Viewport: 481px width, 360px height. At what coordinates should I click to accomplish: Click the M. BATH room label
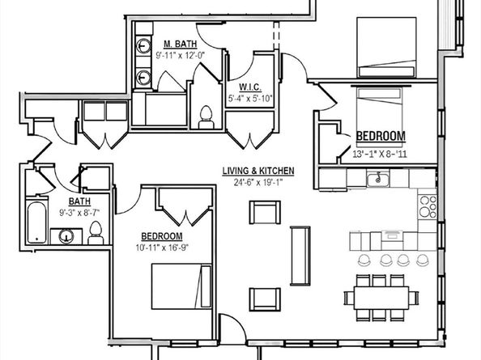click(x=180, y=44)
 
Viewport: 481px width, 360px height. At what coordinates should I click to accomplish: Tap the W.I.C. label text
click(x=250, y=87)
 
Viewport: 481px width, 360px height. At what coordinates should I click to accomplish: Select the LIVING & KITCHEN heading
click(x=258, y=171)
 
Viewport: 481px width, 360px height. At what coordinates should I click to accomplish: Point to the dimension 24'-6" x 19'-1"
click(x=258, y=182)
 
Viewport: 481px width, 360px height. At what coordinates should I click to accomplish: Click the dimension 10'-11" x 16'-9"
click(x=162, y=248)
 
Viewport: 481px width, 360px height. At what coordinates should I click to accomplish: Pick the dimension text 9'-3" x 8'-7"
click(x=79, y=212)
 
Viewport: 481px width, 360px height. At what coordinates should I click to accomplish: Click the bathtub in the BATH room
click(x=36, y=222)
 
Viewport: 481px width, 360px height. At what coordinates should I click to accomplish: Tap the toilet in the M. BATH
click(x=206, y=117)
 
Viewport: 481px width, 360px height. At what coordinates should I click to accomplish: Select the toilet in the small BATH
click(x=96, y=233)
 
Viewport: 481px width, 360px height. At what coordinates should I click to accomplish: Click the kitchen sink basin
click(x=378, y=179)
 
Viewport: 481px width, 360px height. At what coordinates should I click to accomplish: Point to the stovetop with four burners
click(x=428, y=206)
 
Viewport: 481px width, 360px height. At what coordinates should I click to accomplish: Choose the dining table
click(x=381, y=298)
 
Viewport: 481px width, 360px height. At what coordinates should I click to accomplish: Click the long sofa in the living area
click(x=300, y=256)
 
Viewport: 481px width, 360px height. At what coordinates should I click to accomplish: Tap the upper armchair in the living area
click(x=265, y=212)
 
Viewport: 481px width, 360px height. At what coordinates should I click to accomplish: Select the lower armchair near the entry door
click(x=265, y=299)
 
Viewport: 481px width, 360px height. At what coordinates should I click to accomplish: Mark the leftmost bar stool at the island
click(x=364, y=260)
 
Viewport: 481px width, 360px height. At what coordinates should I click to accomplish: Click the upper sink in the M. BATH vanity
click(x=143, y=46)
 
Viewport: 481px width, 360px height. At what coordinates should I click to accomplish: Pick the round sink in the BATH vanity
click(x=66, y=236)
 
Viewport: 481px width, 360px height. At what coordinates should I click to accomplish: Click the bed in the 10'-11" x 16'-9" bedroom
click(x=181, y=286)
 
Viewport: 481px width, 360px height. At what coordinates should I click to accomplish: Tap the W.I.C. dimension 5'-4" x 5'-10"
click(x=250, y=99)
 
